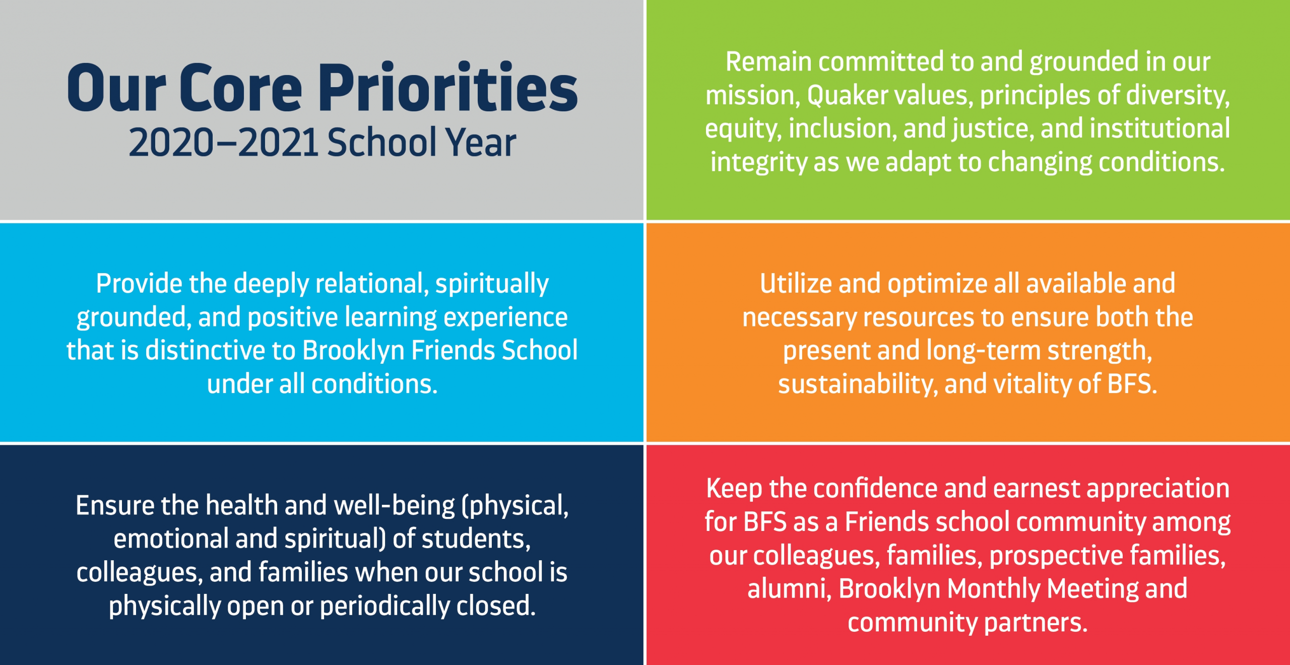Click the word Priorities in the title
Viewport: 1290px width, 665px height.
click(448, 87)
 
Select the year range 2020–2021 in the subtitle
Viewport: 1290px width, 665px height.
click(224, 143)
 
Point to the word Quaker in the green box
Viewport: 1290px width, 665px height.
click(847, 95)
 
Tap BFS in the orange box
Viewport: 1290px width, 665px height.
click(1132, 384)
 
